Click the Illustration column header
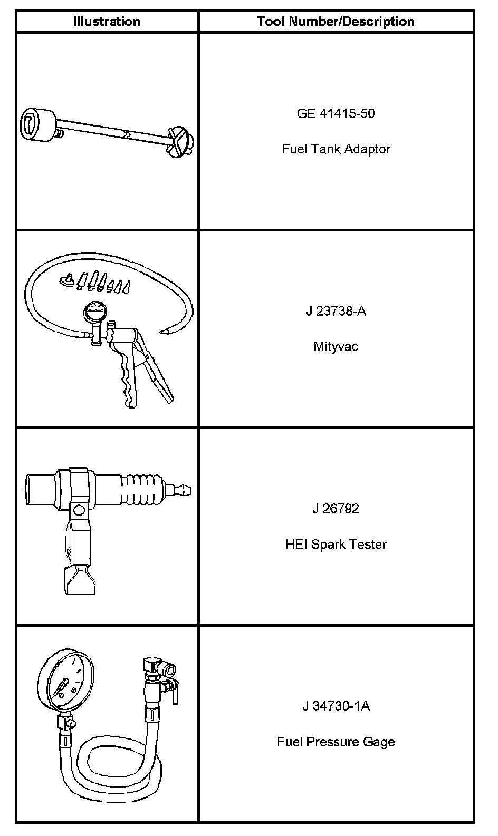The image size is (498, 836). point(107,22)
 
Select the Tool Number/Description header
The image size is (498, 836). point(336,22)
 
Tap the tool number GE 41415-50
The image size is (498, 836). point(336,113)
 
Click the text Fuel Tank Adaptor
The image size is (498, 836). point(336,149)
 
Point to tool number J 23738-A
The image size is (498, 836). point(336,311)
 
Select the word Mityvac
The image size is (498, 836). point(336,347)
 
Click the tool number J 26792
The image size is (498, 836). point(336,509)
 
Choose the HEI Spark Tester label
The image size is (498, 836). point(336,544)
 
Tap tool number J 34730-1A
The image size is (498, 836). point(336,706)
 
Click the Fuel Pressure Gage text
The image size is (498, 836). point(336,742)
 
